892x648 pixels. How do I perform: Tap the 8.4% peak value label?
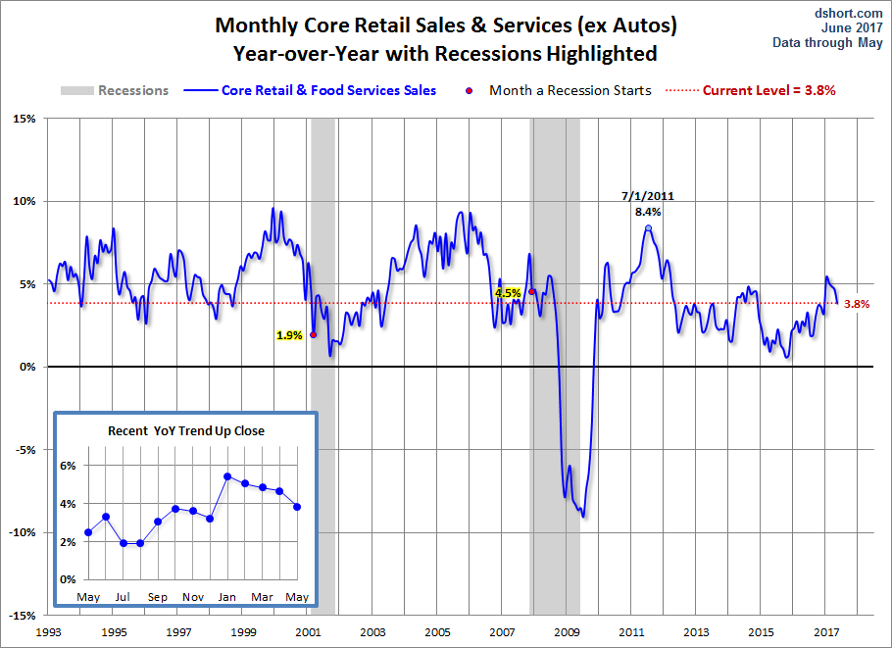pos(647,211)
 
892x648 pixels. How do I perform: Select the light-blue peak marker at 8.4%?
pos(648,227)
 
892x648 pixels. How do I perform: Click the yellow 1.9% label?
pos(289,335)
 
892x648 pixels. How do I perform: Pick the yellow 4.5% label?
pos(508,293)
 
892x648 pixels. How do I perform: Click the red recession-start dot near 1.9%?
pos(313,334)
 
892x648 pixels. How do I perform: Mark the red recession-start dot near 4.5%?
pos(531,291)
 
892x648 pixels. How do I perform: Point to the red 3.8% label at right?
pos(857,304)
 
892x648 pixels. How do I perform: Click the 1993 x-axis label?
pos(49,632)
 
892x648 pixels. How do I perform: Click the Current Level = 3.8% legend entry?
pos(768,90)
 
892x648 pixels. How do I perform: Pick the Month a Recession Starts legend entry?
pos(570,90)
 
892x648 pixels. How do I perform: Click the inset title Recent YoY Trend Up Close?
pos(186,430)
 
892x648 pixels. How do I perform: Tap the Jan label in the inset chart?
pos(226,597)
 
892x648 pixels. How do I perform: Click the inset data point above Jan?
pos(226,476)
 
